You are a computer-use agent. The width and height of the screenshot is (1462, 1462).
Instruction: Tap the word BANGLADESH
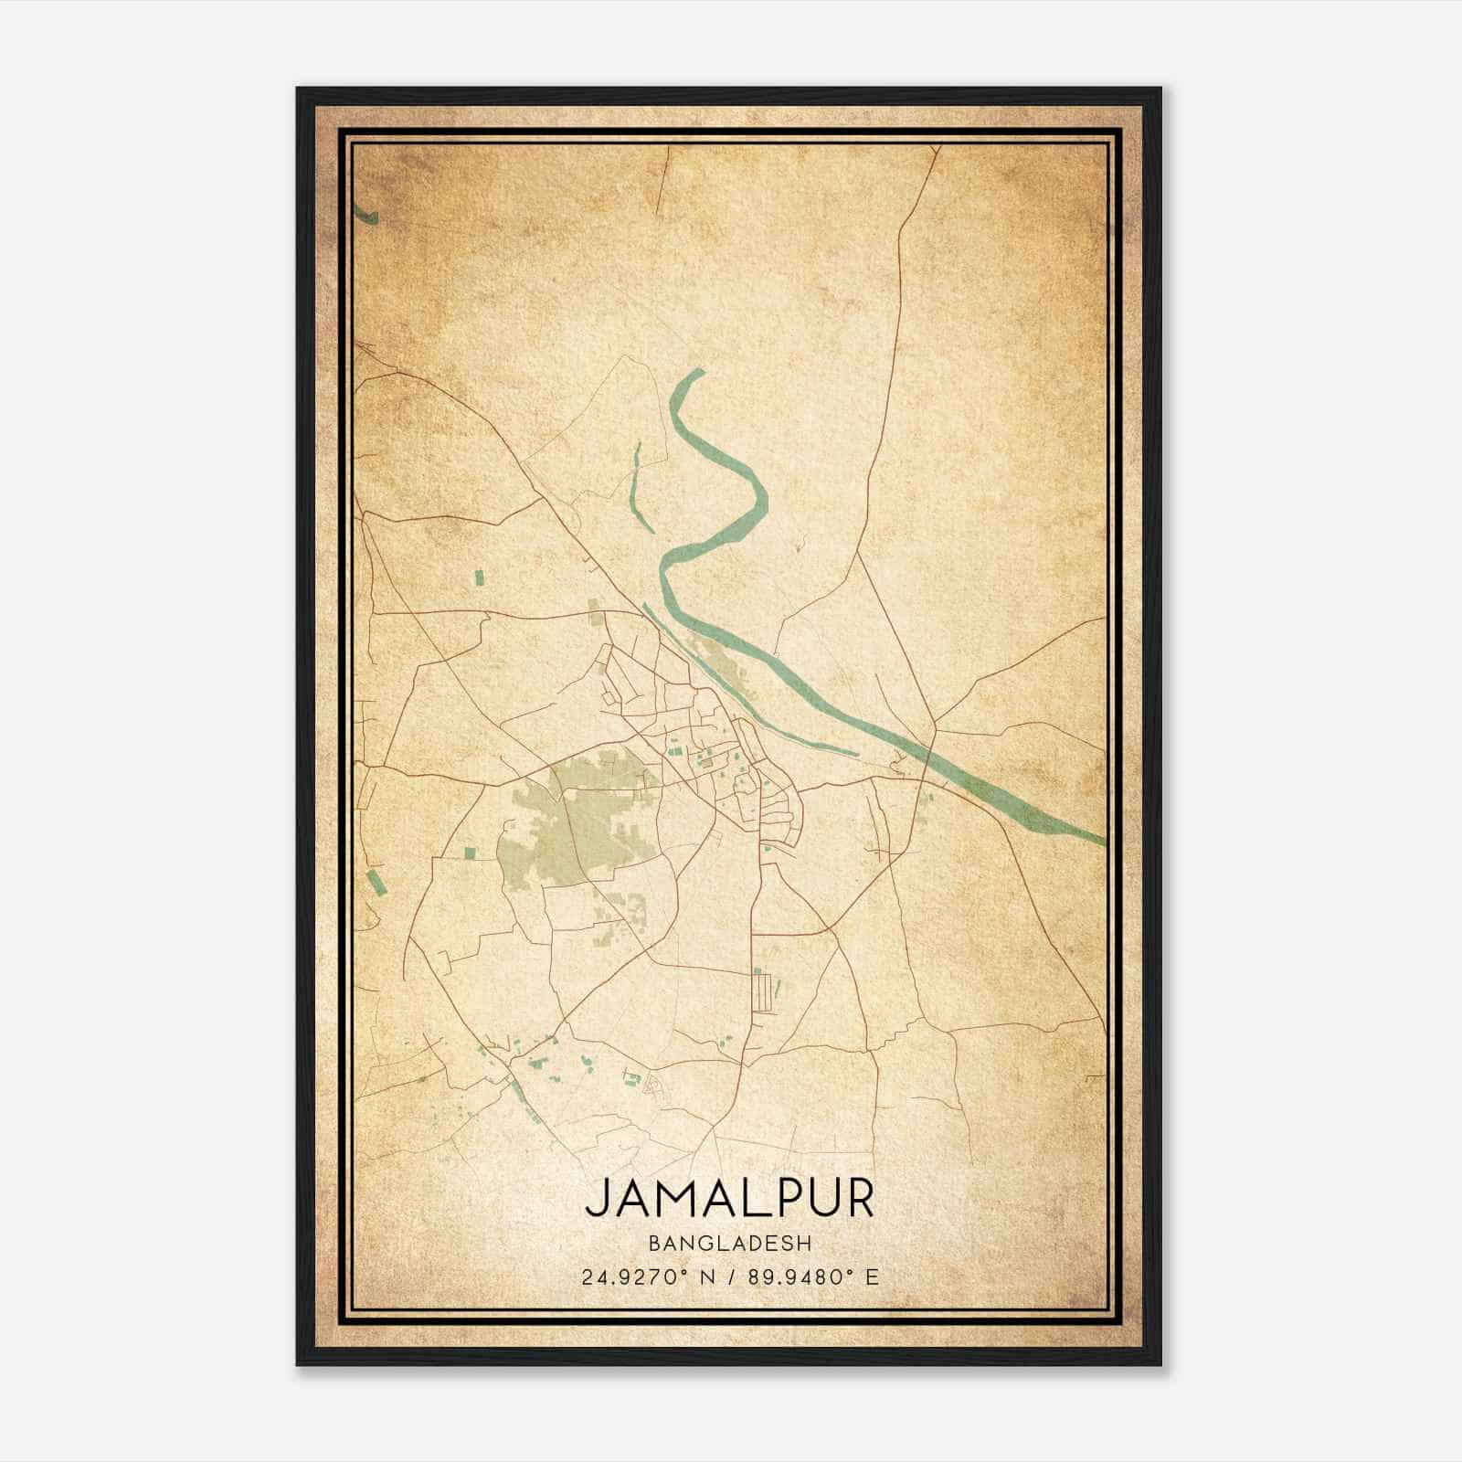tap(729, 1244)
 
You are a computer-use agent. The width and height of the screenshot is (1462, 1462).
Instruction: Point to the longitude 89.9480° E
tap(812, 1277)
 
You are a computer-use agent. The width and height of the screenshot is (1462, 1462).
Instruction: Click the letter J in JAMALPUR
tap(595, 1199)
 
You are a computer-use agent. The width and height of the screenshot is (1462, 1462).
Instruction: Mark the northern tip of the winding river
tap(698, 370)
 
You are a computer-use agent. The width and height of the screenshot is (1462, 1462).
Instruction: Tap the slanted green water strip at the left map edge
tap(373, 883)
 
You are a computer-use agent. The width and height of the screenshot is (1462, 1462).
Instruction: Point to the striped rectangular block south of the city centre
tap(762, 992)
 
